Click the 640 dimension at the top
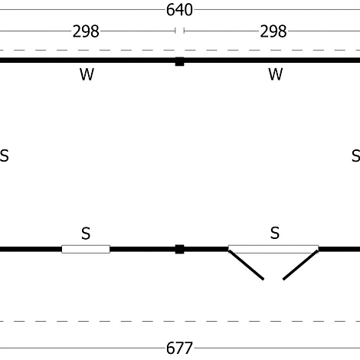(x=179, y=10)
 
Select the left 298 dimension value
(x=86, y=31)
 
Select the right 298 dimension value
(x=273, y=31)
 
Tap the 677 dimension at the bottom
(x=179, y=348)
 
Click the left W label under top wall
(x=87, y=74)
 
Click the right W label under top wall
(x=276, y=74)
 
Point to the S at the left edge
(x=5, y=155)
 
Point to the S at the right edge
(x=356, y=155)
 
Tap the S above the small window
(x=86, y=233)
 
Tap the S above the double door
(x=275, y=233)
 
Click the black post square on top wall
(x=179, y=61)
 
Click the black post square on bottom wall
(x=179, y=249)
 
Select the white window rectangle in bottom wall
(x=86, y=249)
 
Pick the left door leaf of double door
(x=247, y=265)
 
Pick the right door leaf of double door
(x=300, y=265)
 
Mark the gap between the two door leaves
(x=273, y=279)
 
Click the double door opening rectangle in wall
(x=273, y=249)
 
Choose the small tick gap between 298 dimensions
(x=179, y=31)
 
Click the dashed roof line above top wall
(x=180, y=50)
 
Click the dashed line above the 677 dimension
(x=180, y=321)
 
